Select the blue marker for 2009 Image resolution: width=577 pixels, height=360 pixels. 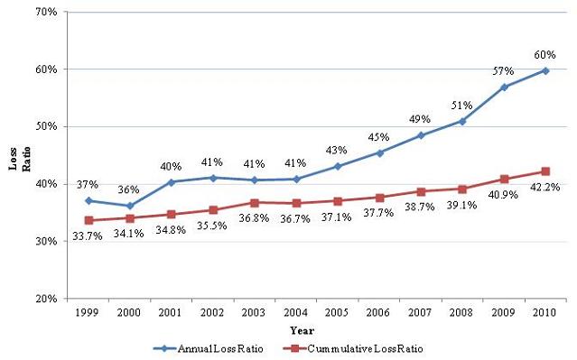click(504, 87)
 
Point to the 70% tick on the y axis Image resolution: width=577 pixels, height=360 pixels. click(47, 13)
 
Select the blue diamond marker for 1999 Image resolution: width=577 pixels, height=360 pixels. click(88, 200)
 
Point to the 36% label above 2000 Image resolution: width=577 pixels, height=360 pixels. click(129, 189)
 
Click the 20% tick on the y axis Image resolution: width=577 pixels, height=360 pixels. click(47, 299)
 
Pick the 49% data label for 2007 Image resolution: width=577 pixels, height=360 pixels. click(419, 118)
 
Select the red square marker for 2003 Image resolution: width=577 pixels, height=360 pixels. click(254, 203)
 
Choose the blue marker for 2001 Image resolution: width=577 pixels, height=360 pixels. click(171, 182)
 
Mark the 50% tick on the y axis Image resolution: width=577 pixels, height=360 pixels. click(47, 127)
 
